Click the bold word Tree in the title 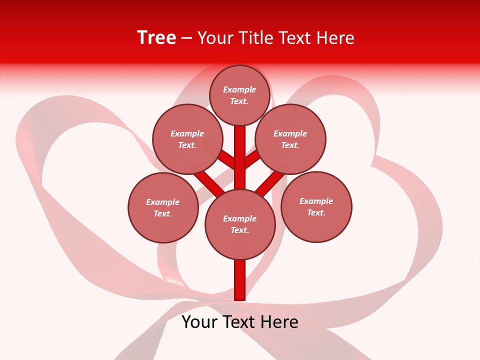[x=156, y=37]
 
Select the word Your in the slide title [x=215, y=38]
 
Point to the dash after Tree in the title [x=187, y=38]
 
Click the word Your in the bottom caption [x=200, y=322]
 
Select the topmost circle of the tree [x=239, y=95]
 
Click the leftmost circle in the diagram [x=163, y=207]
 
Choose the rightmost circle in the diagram [x=316, y=206]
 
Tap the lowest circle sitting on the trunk [x=240, y=224]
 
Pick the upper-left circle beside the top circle [x=187, y=139]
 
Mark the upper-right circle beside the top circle [x=290, y=139]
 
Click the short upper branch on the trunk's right [x=252, y=159]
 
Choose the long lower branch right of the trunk [x=270, y=183]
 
